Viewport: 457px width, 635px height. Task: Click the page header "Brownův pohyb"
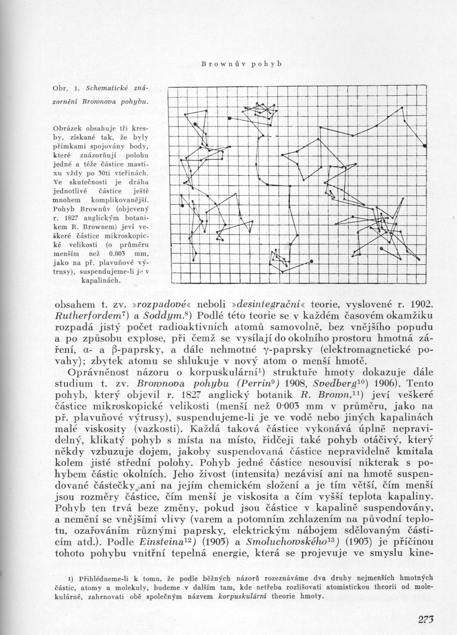[x=241, y=65]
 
